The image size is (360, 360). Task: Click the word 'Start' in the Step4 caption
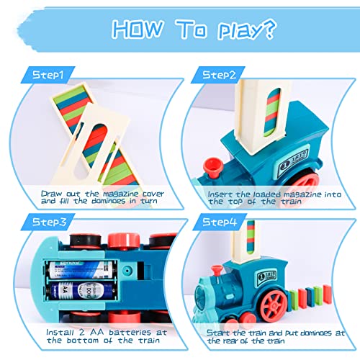(x=220, y=332)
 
